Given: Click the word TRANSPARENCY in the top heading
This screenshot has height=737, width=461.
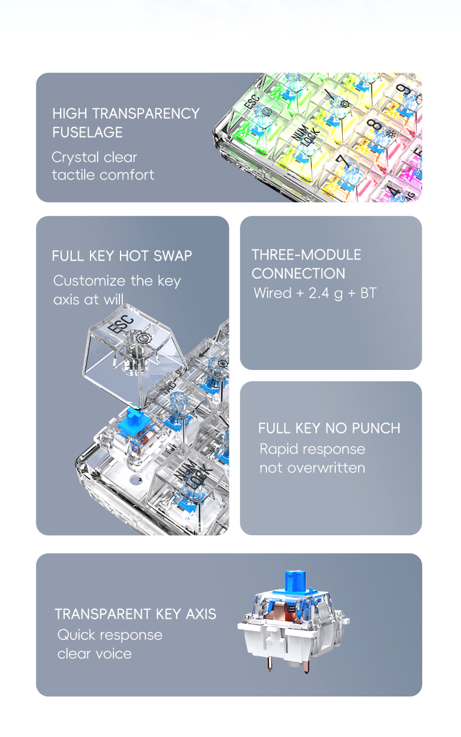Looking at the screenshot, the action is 146,114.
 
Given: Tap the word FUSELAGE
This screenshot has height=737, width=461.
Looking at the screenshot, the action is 88,132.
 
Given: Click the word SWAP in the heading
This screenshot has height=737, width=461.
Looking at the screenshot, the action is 173,256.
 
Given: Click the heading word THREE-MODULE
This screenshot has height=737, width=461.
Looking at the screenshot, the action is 306,255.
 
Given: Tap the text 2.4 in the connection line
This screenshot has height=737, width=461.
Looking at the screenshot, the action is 319,293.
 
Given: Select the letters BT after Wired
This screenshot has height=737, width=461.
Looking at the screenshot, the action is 368,293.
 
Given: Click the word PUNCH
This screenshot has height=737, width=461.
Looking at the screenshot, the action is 376,428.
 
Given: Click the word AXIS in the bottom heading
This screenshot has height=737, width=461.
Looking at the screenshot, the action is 201,614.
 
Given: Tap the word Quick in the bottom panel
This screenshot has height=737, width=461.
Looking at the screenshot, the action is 76,635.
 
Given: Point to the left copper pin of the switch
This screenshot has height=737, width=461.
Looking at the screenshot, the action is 270,663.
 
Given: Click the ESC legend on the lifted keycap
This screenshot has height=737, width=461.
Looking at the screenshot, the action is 121,324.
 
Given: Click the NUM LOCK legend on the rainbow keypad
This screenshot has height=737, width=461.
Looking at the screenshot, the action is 306,134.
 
